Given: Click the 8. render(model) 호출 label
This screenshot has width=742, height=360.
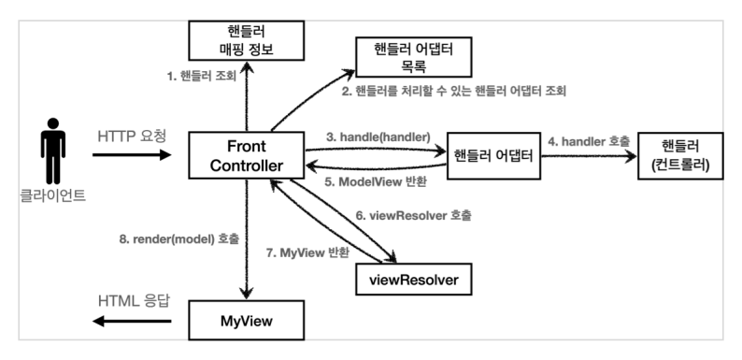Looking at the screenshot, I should pyautogui.click(x=185, y=238).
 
